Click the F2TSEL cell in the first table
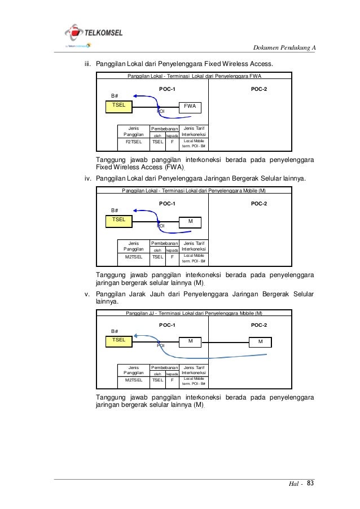point(134,144)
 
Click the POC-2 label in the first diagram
point(258,89)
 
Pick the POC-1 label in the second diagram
point(167,203)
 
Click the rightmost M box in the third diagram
point(260,342)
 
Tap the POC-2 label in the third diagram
point(258,325)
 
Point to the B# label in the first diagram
point(114,95)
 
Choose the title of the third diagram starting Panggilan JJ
point(194,313)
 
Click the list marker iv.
point(88,179)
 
